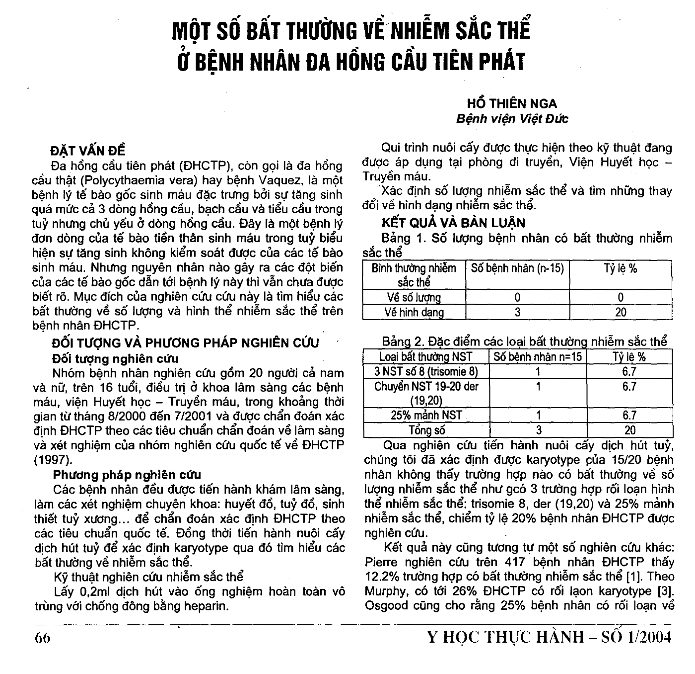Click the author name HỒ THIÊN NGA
[x=512, y=103]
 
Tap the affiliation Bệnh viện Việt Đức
[x=512, y=119]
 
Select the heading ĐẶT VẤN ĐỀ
[x=88, y=151]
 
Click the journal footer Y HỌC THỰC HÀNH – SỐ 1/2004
[x=549, y=637]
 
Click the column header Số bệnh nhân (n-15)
[x=517, y=268]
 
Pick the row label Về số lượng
[x=414, y=297]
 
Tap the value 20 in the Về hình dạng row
[x=621, y=312]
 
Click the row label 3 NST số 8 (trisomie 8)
[x=426, y=371]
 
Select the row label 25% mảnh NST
[x=426, y=415]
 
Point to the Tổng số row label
[x=426, y=430]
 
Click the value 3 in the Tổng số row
[x=538, y=430]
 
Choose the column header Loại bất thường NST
[x=426, y=357]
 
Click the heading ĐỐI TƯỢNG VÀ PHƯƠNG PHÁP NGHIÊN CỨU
[x=186, y=343]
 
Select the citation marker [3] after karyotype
[x=664, y=591]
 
